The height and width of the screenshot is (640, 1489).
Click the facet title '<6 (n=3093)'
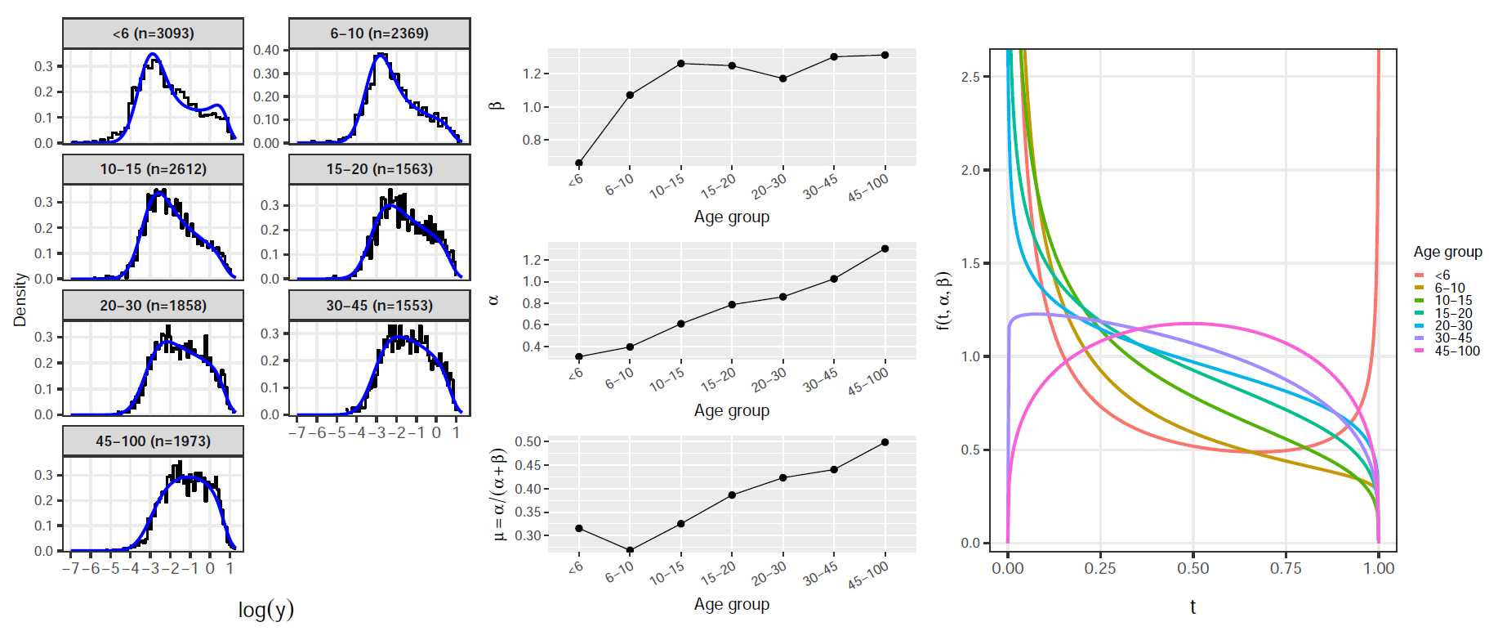[153, 34]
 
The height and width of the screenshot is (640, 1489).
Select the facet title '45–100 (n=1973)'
[153, 441]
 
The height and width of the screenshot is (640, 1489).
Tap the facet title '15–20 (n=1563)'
[379, 169]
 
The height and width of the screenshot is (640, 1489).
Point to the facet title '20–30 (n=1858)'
[153, 306]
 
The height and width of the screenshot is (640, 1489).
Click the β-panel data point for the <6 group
[579, 163]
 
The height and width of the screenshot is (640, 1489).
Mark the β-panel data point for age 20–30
[783, 78]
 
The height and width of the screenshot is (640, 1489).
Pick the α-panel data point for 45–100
[885, 248]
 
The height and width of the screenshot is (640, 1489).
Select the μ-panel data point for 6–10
[630, 550]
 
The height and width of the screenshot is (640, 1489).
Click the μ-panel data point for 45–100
[885, 442]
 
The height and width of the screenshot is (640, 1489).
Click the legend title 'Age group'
[1447, 252]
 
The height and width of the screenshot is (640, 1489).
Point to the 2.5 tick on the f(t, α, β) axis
[971, 77]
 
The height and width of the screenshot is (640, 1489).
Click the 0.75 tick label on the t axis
[1286, 568]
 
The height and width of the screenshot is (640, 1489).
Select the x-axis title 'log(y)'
[265, 610]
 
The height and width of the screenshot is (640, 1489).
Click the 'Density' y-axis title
[20, 299]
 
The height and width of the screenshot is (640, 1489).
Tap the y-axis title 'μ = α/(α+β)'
[499, 494]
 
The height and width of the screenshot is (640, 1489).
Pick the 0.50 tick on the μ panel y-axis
[528, 442]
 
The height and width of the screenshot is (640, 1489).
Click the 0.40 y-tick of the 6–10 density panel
[266, 50]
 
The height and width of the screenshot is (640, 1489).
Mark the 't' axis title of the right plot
[1193, 606]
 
